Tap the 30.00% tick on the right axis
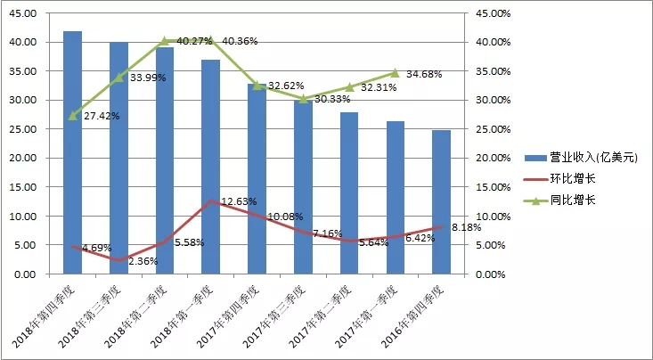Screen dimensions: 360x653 point(493,100)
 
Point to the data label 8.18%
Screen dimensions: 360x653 point(468,228)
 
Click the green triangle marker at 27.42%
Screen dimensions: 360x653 point(72,116)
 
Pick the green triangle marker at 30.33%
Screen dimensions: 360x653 point(303,98)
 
